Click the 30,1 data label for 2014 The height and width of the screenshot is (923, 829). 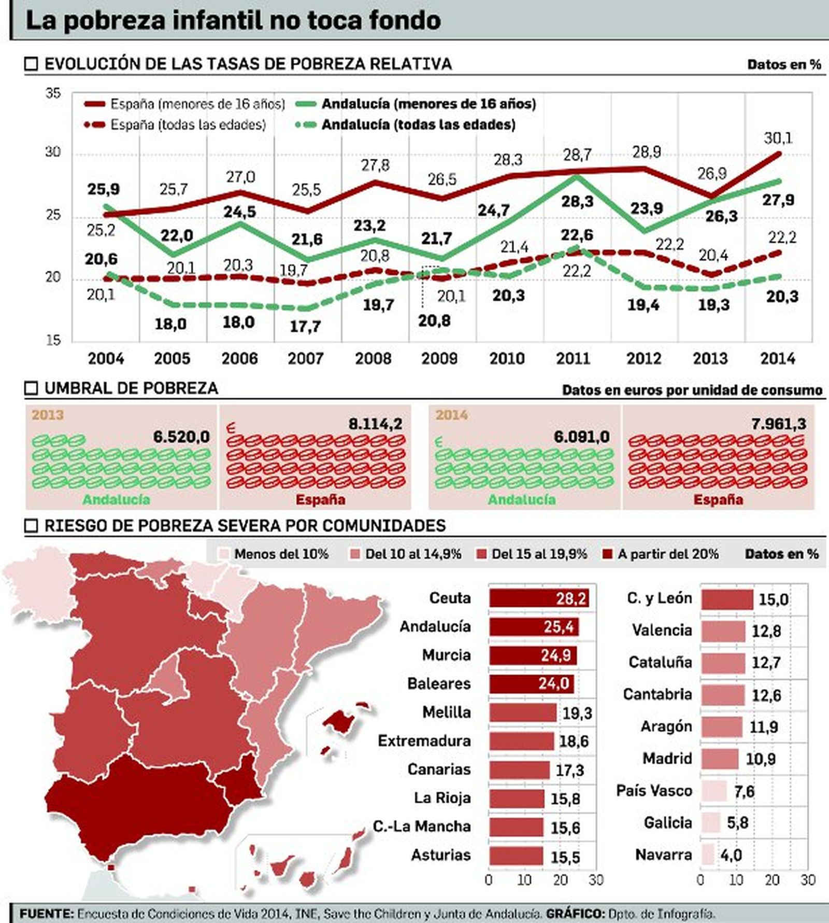pos(778,138)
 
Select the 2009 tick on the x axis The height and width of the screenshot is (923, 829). pos(439,358)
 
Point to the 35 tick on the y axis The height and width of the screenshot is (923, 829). pos(53,94)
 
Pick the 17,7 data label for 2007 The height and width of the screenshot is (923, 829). pos(305,327)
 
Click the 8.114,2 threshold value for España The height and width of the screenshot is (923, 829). pos(375,424)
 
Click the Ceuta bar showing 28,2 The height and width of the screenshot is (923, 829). pos(539,598)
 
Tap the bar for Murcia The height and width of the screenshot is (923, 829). pos(533,655)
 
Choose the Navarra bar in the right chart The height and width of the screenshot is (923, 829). pos(708,855)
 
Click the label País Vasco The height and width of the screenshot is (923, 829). pos(654,791)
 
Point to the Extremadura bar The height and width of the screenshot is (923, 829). pos(521,741)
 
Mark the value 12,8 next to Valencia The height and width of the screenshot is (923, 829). pos(766,631)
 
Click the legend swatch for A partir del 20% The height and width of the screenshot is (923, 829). pos(608,554)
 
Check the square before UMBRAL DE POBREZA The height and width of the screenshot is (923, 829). pos(32,388)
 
